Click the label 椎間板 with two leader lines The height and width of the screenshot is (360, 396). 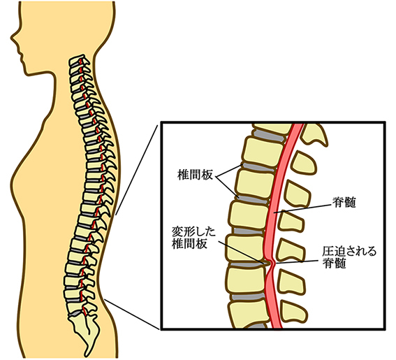tap(195, 175)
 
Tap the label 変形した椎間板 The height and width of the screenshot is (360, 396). tap(193, 238)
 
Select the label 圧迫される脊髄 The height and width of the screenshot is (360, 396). tap(349, 258)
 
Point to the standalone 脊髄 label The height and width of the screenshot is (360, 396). tap(344, 202)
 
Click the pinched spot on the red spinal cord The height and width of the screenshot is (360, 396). tap(272, 263)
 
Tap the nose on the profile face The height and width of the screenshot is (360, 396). tap(13, 38)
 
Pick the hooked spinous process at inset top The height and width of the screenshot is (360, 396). tap(315, 136)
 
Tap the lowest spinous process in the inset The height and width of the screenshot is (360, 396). tap(295, 311)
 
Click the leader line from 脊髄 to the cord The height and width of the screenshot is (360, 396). tap(303, 208)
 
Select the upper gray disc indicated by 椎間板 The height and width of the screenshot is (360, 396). tap(258, 166)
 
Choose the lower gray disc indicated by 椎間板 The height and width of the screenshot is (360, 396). tap(253, 199)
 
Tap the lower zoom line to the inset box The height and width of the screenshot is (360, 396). tap(132, 314)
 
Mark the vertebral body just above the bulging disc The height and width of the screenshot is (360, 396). tap(246, 248)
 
